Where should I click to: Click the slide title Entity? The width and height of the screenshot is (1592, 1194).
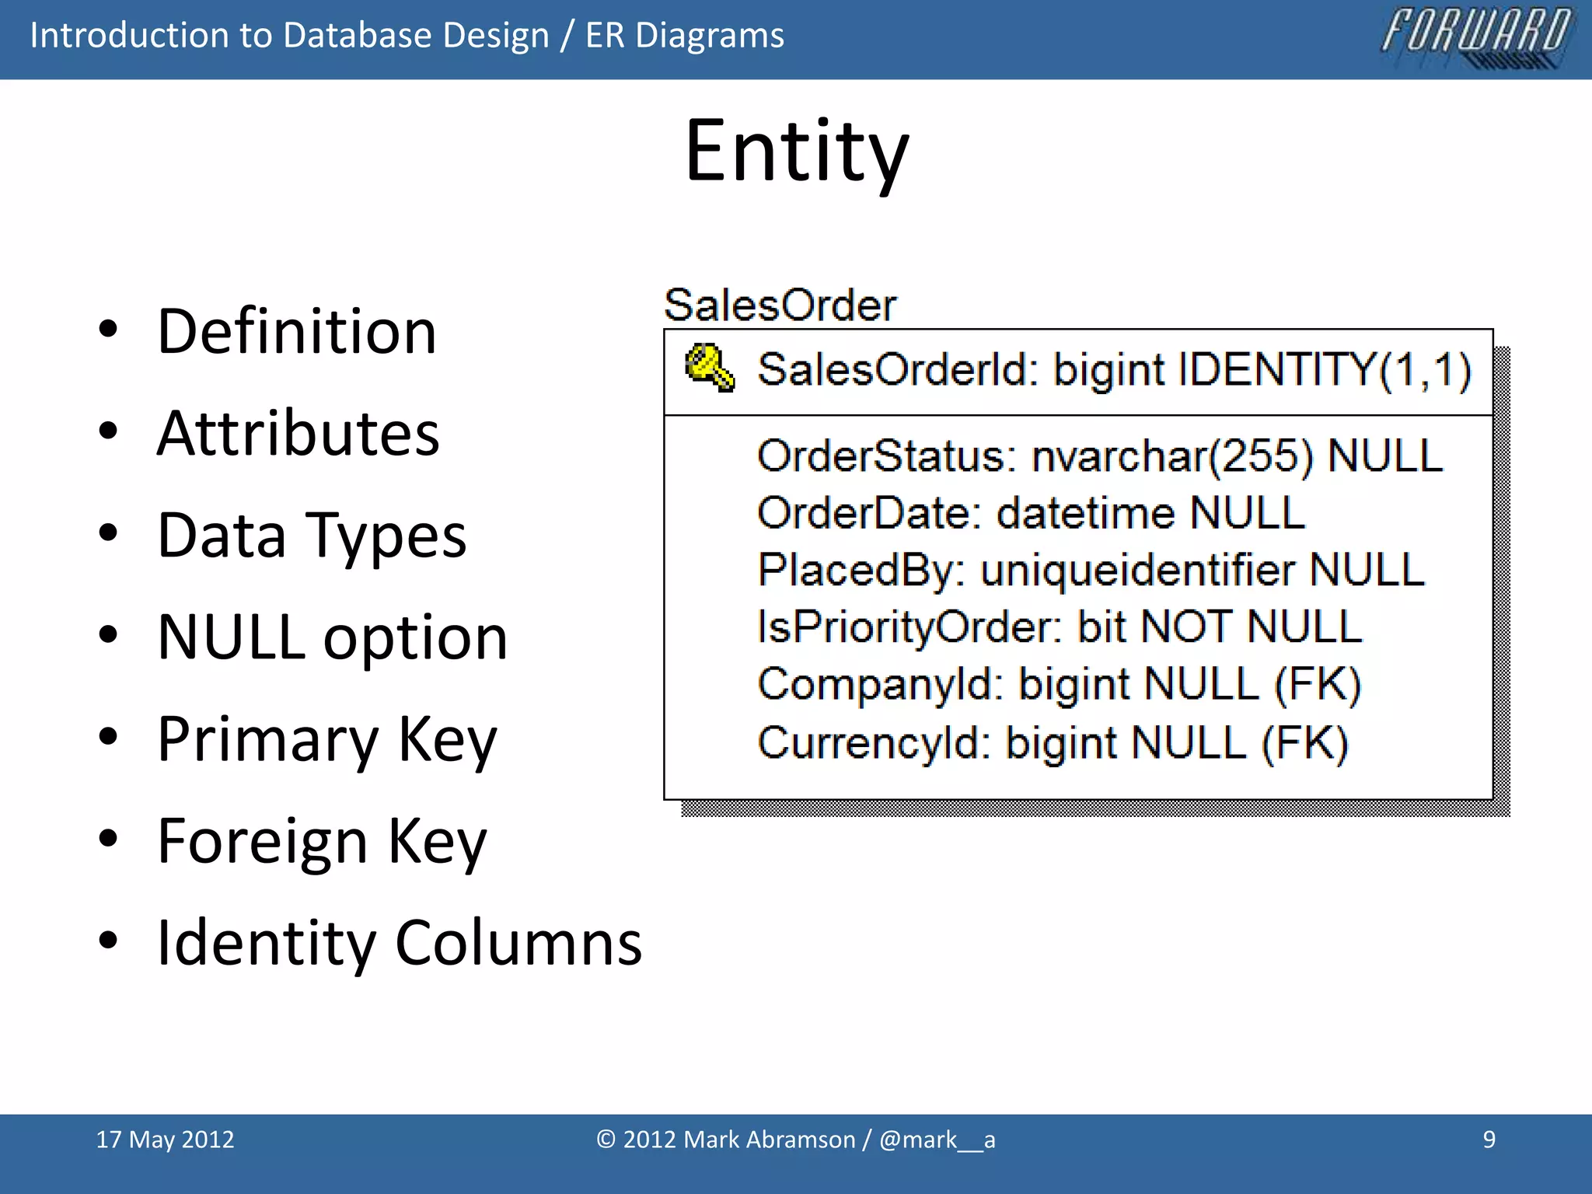coord(796,152)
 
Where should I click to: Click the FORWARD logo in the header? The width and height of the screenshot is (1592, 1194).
coord(1475,37)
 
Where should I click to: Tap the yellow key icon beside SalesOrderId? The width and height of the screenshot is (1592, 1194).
coord(709,368)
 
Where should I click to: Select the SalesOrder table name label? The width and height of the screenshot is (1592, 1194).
coord(780,305)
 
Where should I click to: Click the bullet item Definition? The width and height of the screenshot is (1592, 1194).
coord(296,332)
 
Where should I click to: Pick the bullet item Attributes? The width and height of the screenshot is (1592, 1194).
coord(298,434)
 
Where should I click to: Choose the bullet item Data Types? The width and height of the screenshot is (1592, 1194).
coord(311,536)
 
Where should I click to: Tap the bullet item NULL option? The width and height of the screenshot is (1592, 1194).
coord(332,637)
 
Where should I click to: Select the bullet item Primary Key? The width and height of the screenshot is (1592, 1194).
coord(326,739)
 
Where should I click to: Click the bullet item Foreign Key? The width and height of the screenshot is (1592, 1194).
coord(321,841)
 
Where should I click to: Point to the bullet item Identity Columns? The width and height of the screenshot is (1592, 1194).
coord(399,943)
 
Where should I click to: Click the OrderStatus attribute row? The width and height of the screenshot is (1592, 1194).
coord(1099,456)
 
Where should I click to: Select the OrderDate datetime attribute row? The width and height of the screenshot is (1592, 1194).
coord(1031,513)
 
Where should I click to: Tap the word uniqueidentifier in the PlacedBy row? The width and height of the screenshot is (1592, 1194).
coord(1138,571)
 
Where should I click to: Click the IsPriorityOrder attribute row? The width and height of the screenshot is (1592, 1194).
coord(1059,627)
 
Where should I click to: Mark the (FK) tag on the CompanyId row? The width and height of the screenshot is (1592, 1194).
coord(1318,685)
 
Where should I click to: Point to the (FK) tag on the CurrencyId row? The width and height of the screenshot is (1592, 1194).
coord(1304,743)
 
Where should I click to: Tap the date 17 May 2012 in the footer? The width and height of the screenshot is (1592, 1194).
coord(165,1140)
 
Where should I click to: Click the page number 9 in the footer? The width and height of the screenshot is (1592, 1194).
coord(1489,1140)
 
